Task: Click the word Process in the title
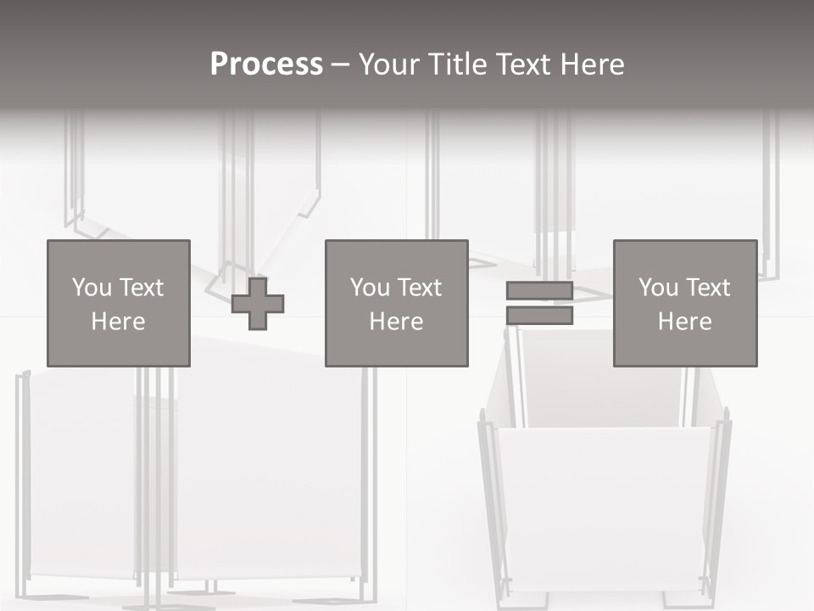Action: coord(266,64)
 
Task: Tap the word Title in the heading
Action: coord(458,64)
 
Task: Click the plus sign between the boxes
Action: coord(258,304)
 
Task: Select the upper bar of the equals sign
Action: coord(539,291)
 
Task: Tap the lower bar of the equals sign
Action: coord(539,316)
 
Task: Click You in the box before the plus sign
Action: coord(92,288)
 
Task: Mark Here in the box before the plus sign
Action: coord(118,322)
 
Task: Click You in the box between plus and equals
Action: coord(370,288)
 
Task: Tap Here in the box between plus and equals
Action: coord(396,322)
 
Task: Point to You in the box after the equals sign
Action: coord(658,288)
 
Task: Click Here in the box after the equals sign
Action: coord(684,322)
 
